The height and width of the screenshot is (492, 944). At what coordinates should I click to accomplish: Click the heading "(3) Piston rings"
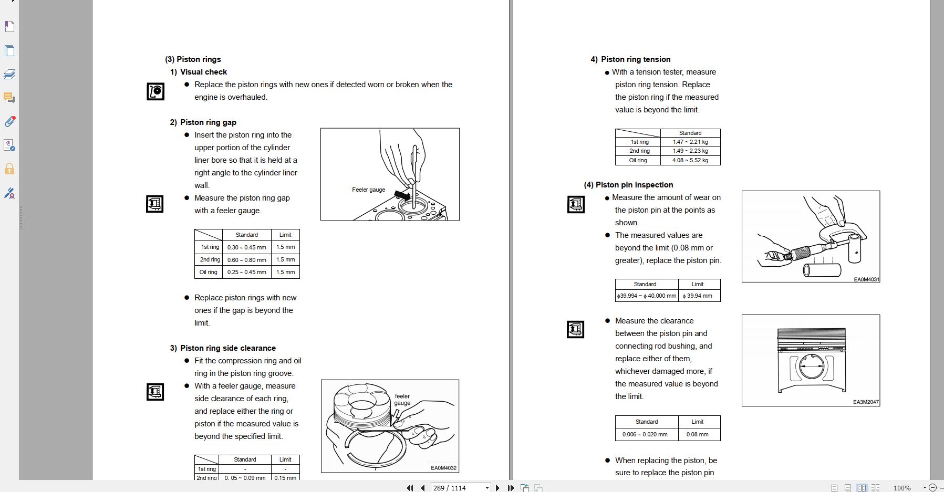(193, 59)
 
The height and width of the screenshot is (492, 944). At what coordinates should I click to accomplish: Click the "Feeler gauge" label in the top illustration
(368, 190)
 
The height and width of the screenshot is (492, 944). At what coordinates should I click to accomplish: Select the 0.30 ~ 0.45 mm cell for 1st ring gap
(246, 247)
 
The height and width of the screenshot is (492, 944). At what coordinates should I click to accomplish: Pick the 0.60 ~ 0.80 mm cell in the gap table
(246, 260)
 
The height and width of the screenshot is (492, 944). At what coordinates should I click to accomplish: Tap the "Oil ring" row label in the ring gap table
(208, 273)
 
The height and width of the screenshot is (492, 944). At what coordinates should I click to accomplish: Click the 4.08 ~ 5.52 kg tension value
(690, 161)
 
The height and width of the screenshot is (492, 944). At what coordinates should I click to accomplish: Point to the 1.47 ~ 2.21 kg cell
(690, 142)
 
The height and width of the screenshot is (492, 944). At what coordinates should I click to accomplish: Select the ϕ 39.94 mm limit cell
(698, 296)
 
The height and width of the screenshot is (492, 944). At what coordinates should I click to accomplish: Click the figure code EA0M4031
(866, 279)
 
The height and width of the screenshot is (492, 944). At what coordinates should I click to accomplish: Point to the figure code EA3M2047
(866, 402)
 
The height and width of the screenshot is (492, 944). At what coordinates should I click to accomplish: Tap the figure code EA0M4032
(443, 468)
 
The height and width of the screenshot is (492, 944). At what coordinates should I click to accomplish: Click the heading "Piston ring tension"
(635, 59)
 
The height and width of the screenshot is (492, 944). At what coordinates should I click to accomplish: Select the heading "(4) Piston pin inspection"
(628, 185)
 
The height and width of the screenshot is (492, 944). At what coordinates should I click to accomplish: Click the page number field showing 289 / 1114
(457, 488)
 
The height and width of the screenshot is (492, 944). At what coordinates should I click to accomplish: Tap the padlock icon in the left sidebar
(9, 169)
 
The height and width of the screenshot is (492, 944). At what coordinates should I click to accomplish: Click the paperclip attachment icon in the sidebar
(9, 122)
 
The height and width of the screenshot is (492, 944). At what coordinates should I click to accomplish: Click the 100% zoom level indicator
(902, 488)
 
